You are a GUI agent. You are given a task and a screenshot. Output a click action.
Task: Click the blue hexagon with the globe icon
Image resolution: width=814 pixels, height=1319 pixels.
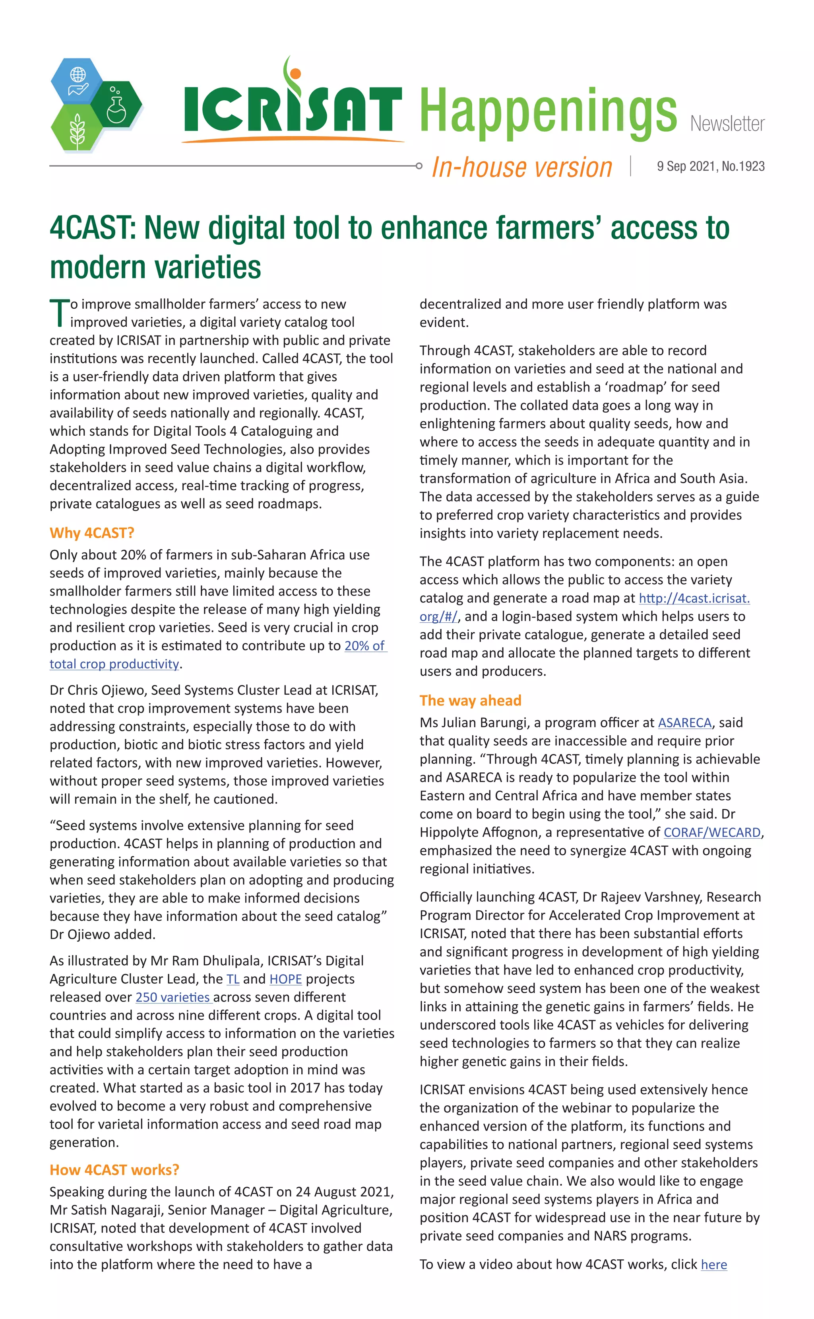[x=78, y=81]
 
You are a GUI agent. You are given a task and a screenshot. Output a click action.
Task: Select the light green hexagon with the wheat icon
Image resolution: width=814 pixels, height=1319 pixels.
[x=77, y=129]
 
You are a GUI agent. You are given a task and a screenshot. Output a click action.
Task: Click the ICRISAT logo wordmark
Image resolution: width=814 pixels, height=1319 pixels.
[x=292, y=108]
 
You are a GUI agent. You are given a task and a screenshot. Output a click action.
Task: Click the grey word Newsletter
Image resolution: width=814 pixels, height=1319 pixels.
[x=727, y=124]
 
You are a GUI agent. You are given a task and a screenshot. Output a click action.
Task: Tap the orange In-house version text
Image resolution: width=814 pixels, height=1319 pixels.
[x=522, y=167]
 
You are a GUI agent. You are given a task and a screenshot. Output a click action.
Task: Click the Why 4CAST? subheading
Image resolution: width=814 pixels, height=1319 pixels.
[x=91, y=533]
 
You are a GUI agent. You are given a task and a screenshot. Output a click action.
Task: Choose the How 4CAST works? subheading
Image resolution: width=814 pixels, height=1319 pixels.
[x=114, y=1170]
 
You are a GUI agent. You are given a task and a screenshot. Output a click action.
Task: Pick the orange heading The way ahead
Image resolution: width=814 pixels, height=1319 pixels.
[x=470, y=700]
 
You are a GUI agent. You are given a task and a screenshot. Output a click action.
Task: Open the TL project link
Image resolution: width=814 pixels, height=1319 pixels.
[x=233, y=979]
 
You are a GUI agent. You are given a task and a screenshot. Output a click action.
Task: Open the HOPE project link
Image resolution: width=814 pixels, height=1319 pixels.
[x=285, y=979]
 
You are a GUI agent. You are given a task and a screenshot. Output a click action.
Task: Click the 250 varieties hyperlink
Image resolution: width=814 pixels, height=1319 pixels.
[x=173, y=998]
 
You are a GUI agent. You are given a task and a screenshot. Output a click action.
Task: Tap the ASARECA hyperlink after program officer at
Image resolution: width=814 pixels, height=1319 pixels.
[x=684, y=723]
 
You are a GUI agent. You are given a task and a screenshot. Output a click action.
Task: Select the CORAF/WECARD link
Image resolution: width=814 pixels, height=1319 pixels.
[x=712, y=832]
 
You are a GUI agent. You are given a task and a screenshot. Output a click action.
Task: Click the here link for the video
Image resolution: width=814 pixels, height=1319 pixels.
[x=713, y=1264]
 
